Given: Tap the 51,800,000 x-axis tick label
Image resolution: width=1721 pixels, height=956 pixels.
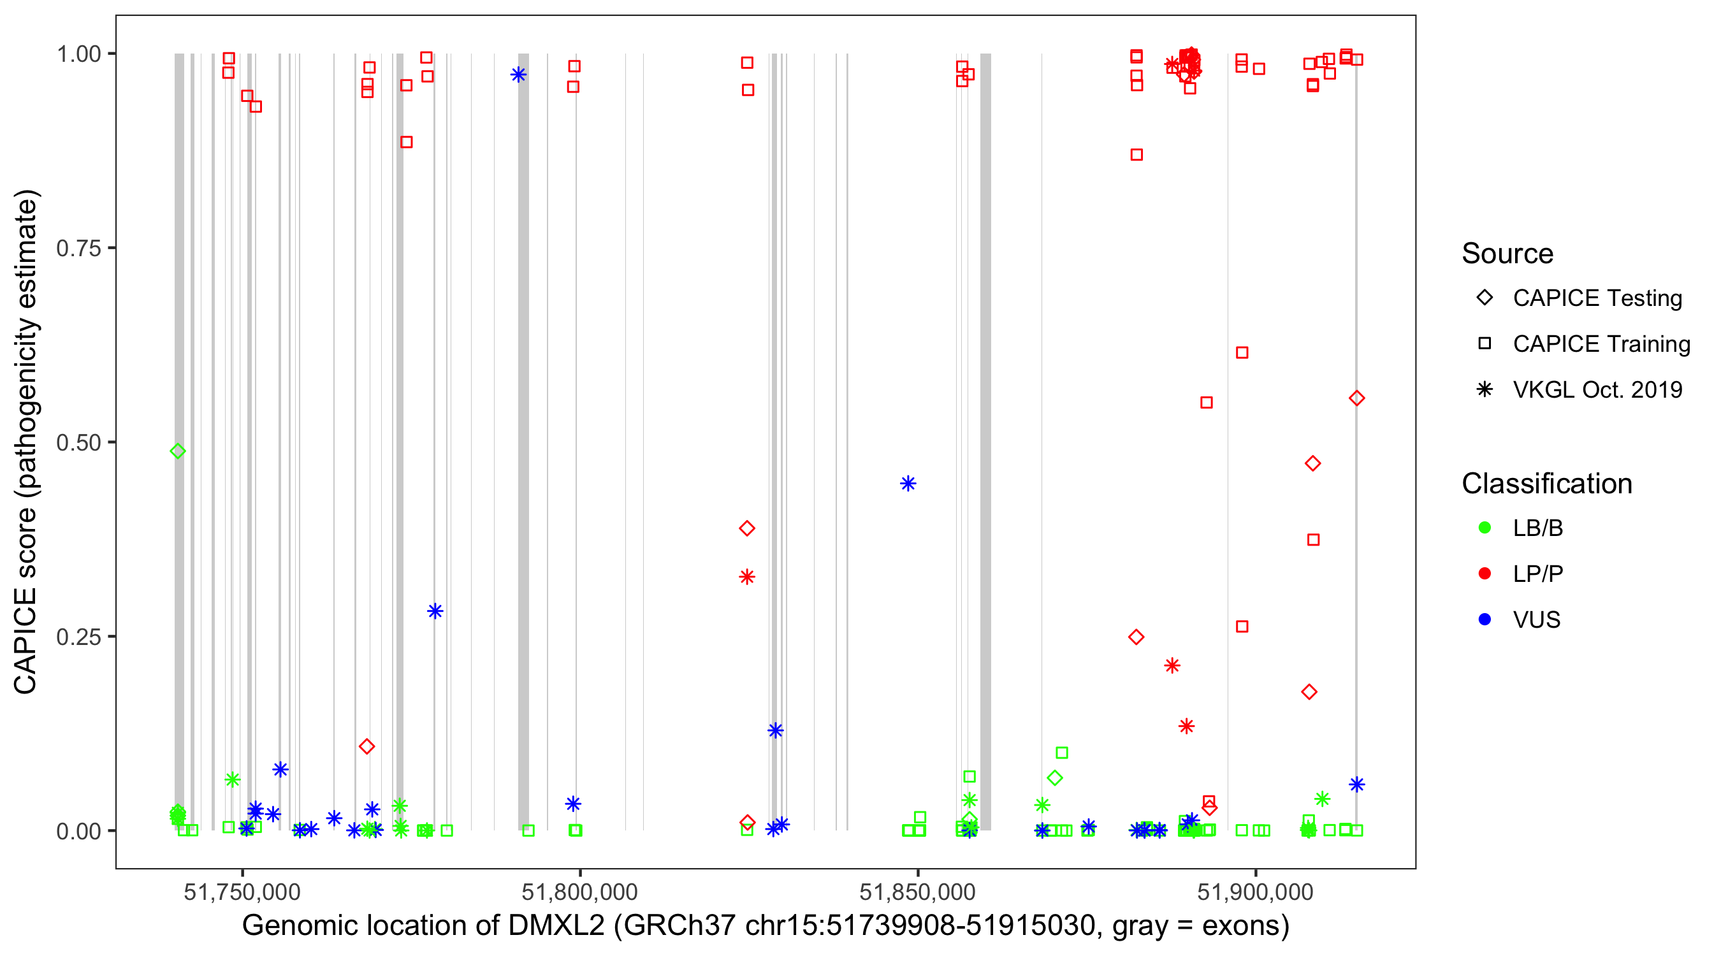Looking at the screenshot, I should click(579, 892).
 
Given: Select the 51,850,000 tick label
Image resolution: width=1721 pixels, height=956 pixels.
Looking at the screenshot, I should click(917, 892).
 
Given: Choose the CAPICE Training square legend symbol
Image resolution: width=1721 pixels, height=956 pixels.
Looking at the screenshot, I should click(1485, 344).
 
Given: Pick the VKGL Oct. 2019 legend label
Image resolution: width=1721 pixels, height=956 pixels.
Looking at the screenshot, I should click(1597, 390).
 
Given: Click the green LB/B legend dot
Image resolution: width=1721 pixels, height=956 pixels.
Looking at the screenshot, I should click(1485, 528).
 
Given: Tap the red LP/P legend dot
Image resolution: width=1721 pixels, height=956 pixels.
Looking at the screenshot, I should click(1485, 574).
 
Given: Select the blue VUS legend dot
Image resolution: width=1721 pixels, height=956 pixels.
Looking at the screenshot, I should click(1485, 620).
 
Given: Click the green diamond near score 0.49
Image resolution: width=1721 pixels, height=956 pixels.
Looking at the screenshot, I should click(178, 452).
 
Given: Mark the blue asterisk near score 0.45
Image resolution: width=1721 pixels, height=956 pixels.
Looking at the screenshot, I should click(908, 484).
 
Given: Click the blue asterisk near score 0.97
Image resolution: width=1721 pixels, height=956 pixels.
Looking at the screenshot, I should click(518, 75).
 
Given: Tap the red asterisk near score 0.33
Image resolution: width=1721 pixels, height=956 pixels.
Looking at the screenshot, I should click(747, 577).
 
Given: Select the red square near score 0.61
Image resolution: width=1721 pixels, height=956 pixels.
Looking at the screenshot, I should click(1242, 352).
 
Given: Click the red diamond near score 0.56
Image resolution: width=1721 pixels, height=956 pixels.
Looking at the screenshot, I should click(1356, 399).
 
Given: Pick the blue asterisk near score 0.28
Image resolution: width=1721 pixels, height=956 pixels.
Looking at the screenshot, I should click(435, 611).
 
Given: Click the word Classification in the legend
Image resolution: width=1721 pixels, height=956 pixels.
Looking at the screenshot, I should click(1546, 484).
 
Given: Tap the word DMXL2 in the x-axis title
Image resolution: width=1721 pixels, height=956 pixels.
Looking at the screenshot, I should click(556, 926).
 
